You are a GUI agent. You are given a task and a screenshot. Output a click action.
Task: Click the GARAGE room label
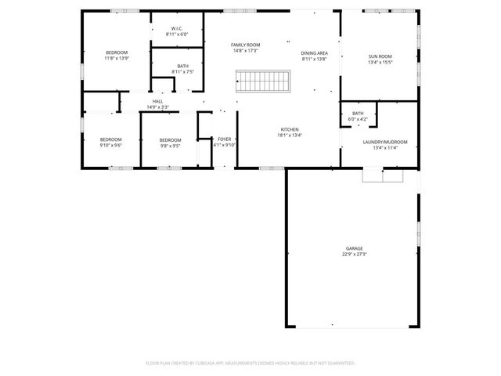355,248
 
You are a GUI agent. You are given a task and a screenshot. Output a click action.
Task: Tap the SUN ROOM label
380,56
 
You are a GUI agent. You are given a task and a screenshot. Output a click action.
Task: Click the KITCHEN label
290,129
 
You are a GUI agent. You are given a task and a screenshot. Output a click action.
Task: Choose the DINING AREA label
315,53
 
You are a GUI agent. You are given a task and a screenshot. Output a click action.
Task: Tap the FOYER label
225,139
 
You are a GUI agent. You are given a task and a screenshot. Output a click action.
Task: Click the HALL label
157,101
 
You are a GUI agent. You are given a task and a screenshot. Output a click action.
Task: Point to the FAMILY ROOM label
245,45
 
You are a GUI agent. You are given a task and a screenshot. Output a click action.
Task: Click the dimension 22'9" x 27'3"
355,255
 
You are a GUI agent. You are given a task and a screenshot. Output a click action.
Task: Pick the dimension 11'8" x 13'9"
116,59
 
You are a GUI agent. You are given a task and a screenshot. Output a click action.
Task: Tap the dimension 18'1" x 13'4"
290,136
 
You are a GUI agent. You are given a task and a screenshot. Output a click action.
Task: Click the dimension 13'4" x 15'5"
380,63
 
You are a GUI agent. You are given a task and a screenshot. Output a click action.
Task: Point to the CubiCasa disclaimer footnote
250,363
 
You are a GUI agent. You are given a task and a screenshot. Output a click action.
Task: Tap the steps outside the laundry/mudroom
383,176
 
